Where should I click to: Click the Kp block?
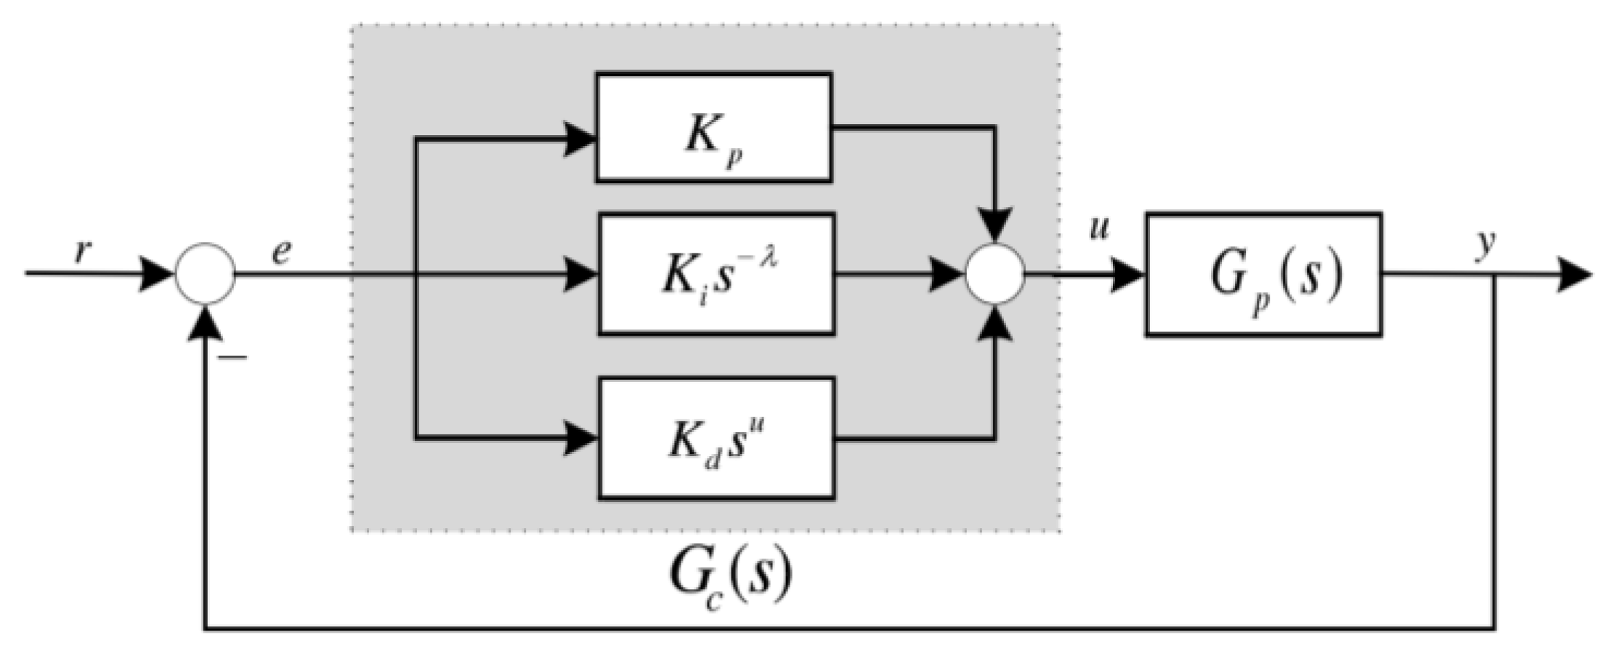coord(713,127)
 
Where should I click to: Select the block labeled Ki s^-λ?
coord(716,274)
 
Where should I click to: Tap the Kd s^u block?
coord(716,438)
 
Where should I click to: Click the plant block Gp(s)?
coord(1263,275)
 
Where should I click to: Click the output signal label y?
coord(1487,243)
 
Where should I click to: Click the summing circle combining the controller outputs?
coord(995,274)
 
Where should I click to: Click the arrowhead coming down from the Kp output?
coord(995,226)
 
